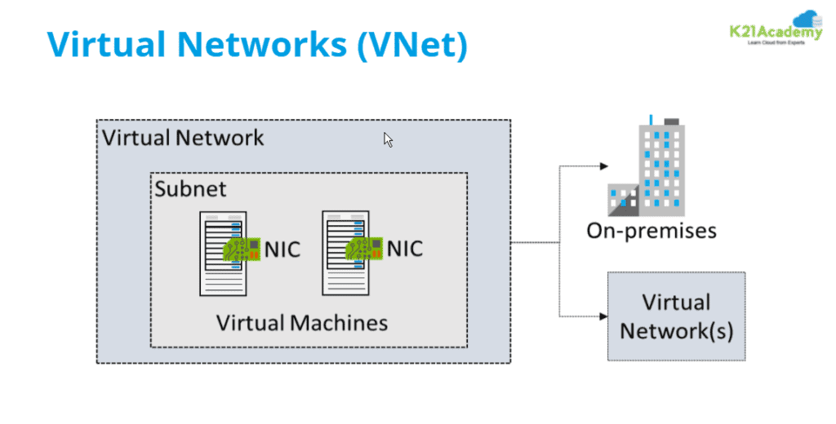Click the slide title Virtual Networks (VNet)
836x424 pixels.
tap(258, 45)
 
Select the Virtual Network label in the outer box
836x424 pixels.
tap(183, 137)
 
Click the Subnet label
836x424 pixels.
tap(190, 188)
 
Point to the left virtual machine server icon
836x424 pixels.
tap(222, 253)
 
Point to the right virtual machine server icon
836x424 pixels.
tap(345, 253)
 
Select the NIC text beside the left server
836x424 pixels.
tap(282, 250)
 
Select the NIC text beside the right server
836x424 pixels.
tap(404, 248)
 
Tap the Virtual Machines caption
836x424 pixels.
tap(301, 322)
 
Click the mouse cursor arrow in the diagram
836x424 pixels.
tap(389, 140)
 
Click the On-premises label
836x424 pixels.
tap(651, 231)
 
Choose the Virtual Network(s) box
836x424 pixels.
tap(675, 316)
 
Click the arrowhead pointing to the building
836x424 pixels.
tap(603, 166)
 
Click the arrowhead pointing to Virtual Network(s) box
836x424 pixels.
tap(603, 316)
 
